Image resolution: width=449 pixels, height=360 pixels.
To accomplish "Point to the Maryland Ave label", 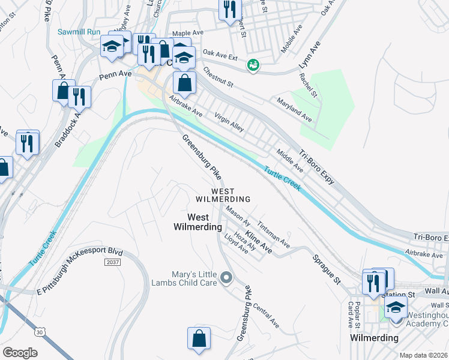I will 294,109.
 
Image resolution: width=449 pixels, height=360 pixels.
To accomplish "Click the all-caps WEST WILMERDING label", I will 222,194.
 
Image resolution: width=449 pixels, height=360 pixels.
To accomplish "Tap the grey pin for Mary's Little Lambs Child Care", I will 226,277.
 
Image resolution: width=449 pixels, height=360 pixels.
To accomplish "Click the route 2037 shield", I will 112,262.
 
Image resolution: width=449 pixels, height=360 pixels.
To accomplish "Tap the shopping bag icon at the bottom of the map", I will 199,339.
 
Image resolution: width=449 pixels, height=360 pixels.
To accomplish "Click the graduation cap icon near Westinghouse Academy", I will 396,308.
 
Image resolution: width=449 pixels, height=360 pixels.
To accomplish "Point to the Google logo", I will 20,353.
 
